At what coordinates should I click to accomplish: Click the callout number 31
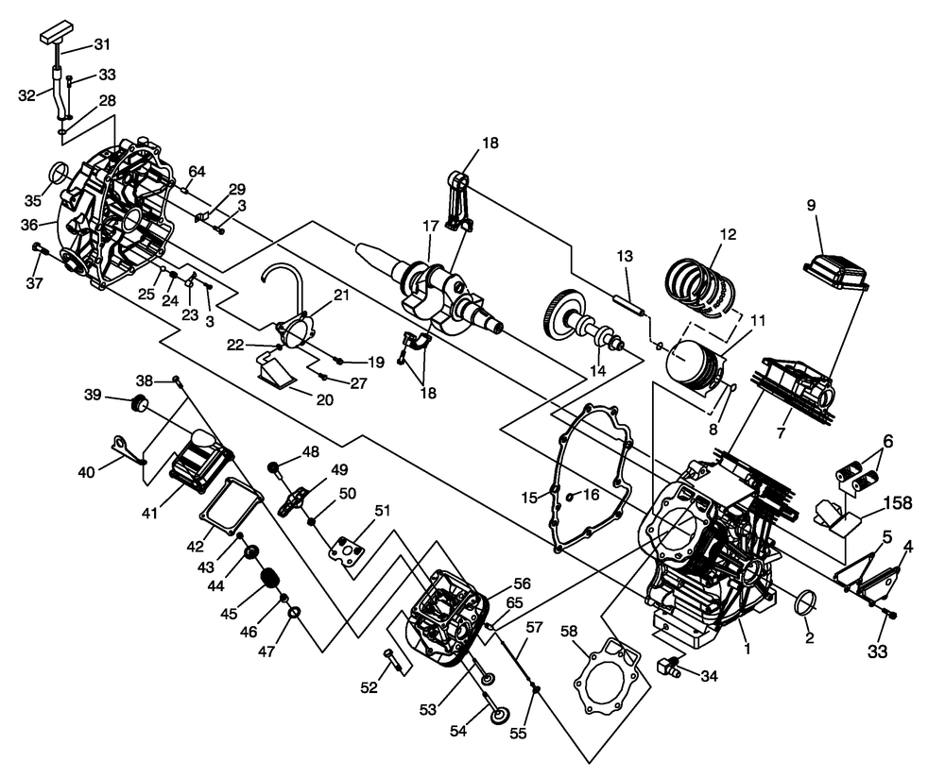pyautogui.click(x=102, y=44)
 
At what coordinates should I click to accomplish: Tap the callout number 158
pyautogui.click(x=897, y=502)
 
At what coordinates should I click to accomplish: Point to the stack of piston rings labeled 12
pyautogui.click(x=702, y=280)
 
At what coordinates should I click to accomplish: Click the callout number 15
pyautogui.click(x=529, y=497)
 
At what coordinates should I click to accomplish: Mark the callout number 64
pyautogui.click(x=197, y=171)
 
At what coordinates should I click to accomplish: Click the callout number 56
pyautogui.click(x=523, y=583)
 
